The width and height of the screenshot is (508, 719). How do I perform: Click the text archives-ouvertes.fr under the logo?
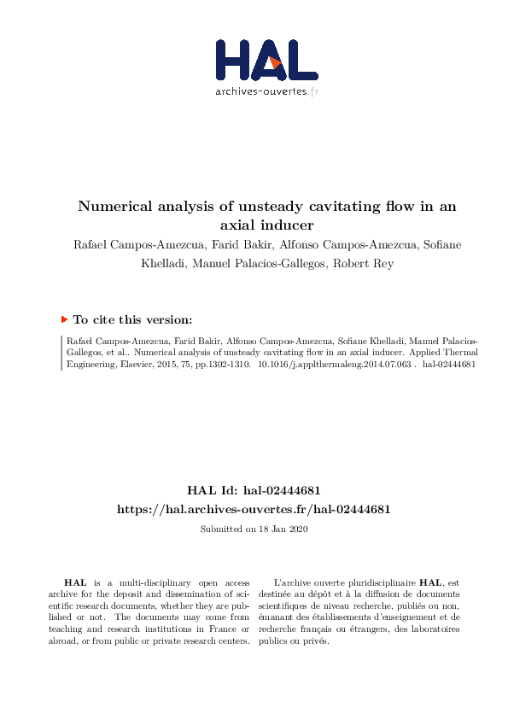pyautogui.click(x=266, y=91)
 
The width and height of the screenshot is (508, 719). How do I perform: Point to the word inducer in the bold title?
pyautogui.click(x=289, y=225)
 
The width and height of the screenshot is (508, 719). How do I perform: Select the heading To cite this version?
pyautogui.click(x=133, y=319)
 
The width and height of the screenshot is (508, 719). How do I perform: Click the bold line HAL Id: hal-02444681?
pyautogui.click(x=254, y=491)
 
